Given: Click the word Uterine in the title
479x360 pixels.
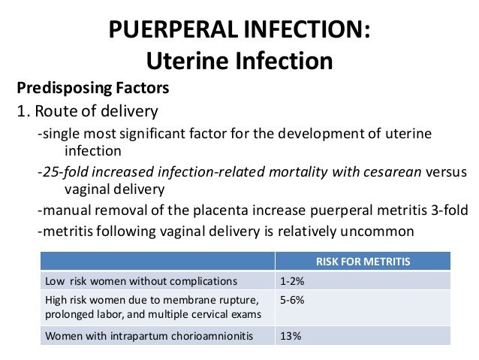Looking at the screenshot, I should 183,59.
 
